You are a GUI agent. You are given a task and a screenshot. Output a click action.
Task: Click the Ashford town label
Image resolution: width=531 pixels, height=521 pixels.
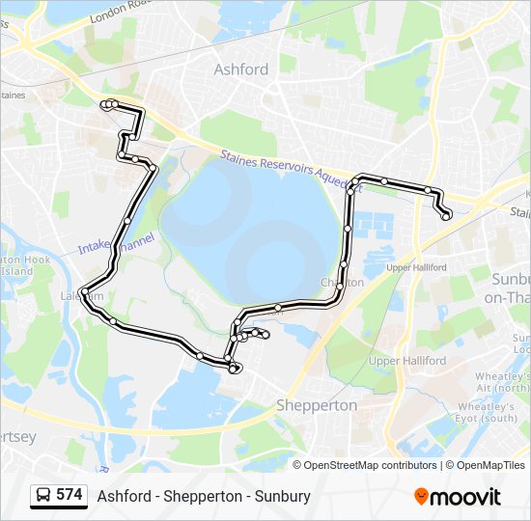click(x=240, y=69)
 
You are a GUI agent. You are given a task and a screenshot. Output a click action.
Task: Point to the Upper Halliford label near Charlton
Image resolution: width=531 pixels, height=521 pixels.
click(x=416, y=266)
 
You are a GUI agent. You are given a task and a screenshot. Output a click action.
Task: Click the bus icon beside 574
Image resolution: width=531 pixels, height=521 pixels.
click(x=42, y=495)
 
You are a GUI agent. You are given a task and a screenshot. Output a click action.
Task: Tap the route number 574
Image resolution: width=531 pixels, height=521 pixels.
click(x=70, y=495)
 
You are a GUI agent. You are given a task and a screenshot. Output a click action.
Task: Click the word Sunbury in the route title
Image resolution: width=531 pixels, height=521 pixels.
click(x=285, y=496)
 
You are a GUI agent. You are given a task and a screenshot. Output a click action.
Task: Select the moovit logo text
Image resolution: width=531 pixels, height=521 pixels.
click(x=465, y=496)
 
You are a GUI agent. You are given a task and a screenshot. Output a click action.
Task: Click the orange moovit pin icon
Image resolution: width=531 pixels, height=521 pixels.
click(x=421, y=496)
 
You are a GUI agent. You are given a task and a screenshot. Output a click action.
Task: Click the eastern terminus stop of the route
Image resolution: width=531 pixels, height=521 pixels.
click(x=446, y=216)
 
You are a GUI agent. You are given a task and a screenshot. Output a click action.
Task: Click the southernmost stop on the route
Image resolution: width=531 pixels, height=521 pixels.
click(x=236, y=370)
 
